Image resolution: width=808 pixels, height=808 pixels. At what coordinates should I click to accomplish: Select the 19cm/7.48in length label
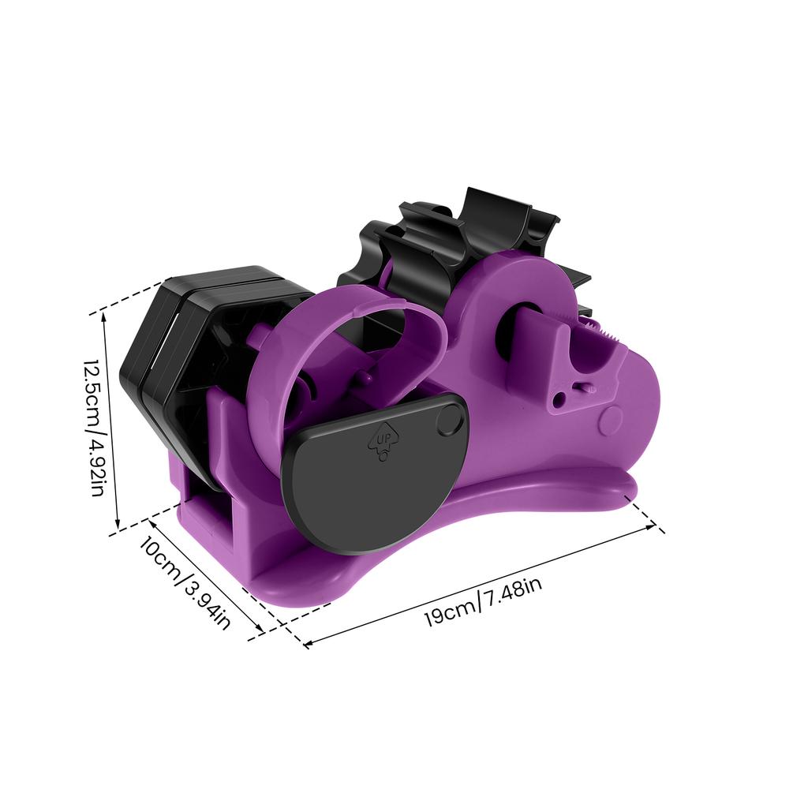point(482,601)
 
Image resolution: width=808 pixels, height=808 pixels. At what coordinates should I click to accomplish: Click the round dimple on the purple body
point(610,420)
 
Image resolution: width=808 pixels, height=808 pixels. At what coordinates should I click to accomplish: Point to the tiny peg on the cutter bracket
point(585,387)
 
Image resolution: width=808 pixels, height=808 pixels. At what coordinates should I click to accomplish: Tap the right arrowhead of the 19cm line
point(654,527)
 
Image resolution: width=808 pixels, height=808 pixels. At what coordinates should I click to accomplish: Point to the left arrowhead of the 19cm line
point(306,645)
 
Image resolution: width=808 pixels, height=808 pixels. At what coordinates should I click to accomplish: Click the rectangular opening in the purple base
point(207,513)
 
